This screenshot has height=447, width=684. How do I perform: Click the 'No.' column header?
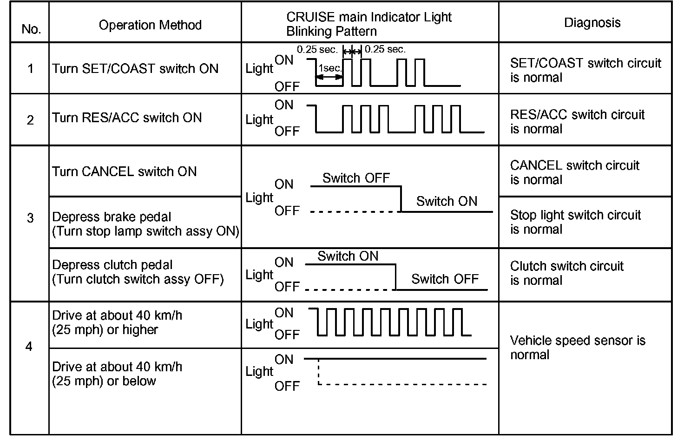(x=31, y=29)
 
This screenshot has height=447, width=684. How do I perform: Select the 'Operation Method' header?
(x=150, y=25)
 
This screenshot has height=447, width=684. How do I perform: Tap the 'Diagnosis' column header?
(x=592, y=23)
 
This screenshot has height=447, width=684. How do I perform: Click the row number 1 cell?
(x=31, y=69)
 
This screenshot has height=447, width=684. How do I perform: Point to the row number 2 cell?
(x=31, y=120)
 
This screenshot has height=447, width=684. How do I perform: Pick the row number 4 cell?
(x=29, y=347)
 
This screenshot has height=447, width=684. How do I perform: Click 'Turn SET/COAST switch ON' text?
(x=135, y=69)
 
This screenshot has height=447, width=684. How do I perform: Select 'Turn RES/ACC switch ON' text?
(x=127, y=118)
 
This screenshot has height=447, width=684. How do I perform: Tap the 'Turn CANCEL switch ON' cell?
(x=125, y=171)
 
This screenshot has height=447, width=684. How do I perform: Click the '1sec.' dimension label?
(x=330, y=68)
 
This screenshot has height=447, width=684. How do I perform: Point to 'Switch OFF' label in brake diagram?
(x=356, y=178)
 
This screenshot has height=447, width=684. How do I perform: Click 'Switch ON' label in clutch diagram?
(x=348, y=256)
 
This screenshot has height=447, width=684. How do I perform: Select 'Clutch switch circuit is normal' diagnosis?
(x=566, y=273)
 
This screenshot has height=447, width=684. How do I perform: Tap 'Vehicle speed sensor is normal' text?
(x=577, y=348)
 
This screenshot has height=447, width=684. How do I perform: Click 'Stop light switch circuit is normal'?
(x=575, y=222)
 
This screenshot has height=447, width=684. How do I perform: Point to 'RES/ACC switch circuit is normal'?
(x=577, y=122)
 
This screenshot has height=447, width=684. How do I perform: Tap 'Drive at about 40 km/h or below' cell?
(x=117, y=374)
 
